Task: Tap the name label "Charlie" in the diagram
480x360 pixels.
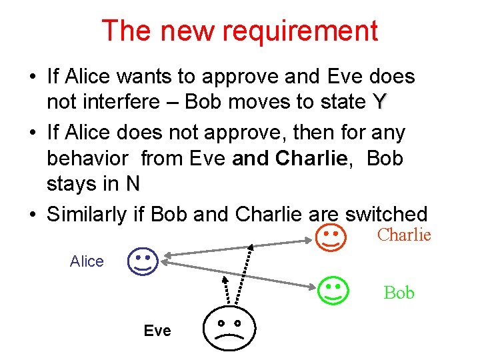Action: click(x=404, y=235)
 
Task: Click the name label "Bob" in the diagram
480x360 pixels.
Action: click(x=399, y=293)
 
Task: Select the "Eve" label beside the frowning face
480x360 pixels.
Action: click(x=157, y=331)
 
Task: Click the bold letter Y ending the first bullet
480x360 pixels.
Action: click(x=379, y=103)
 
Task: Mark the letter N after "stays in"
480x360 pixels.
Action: click(x=133, y=184)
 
